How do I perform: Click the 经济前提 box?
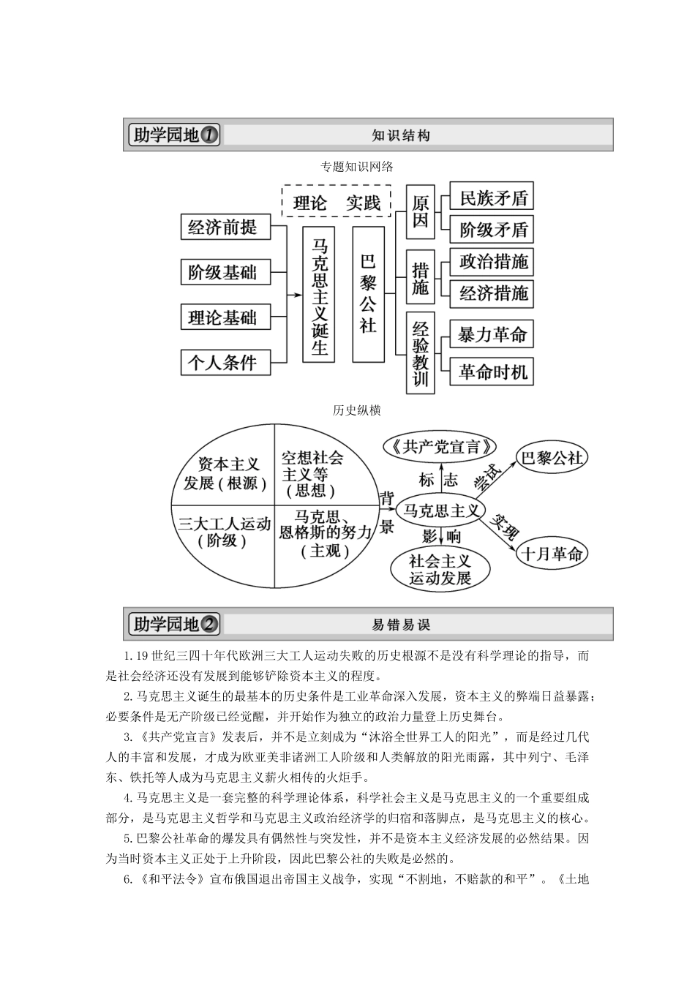pos(223,227)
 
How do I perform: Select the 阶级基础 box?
pos(223,272)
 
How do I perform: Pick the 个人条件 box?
pos(223,362)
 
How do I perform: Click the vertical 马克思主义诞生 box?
pos(320,294)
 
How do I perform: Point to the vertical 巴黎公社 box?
pos(368,294)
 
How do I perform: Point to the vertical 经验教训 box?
pos(420,353)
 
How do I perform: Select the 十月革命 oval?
pos(552,554)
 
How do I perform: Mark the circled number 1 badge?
pos(209,135)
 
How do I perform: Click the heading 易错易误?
pos(401,625)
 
